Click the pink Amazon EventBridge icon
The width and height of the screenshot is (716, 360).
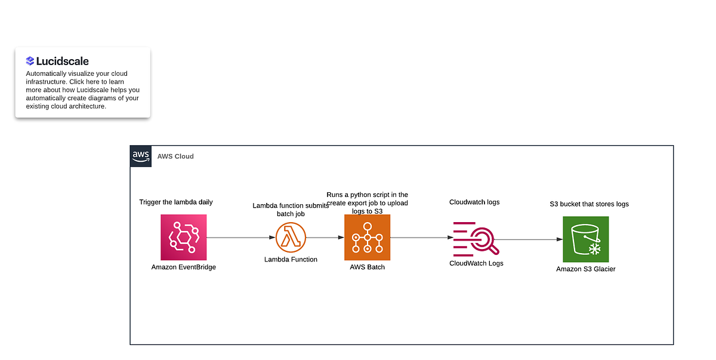pos(183,238)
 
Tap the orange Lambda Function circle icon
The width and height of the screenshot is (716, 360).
pos(291,238)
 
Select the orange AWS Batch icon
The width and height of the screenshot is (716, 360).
pos(367,238)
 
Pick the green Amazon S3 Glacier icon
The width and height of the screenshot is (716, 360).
pos(585,239)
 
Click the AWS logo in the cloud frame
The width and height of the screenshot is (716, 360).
pos(141,156)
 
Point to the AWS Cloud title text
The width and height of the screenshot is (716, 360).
pos(175,156)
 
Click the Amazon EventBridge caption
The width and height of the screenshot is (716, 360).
pos(183,267)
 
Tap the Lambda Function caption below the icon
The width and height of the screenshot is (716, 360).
pos(291,259)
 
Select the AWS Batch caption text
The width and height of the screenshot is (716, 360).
pos(367,267)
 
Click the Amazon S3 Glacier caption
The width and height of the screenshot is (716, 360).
pos(585,269)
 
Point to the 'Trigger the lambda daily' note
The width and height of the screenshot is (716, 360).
pos(175,202)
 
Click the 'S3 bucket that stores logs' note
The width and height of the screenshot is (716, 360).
pos(589,204)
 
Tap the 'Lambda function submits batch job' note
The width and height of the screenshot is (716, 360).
pos(291,209)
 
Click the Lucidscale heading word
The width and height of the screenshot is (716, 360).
pos(63,61)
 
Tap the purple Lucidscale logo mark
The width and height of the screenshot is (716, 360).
pos(30,61)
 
